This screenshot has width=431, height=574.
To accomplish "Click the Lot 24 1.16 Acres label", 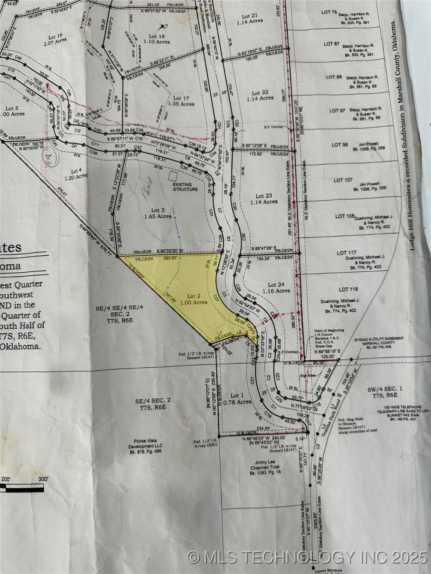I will click(276, 287).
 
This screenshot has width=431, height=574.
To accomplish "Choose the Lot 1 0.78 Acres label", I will click(239, 398).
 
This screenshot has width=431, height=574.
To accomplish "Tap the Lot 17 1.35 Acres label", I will click(181, 101).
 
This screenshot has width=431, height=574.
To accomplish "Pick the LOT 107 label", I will click(343, 180).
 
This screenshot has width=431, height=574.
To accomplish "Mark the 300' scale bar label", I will click(43, 479).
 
